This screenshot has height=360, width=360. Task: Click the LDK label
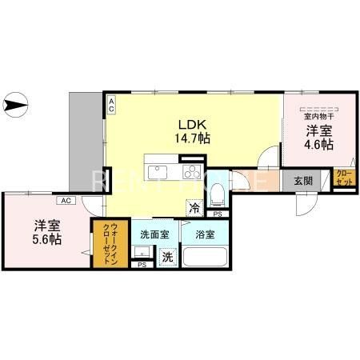pos(192,125)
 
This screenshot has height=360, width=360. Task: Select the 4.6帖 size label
pos(318,146)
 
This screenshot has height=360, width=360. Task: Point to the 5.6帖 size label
pos(46,239)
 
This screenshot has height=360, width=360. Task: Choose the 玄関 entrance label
pos(302,181)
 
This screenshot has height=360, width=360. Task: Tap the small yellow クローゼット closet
pos(343,178)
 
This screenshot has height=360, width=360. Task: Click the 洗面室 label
pos(154,235)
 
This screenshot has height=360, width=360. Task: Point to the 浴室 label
pos(205,235)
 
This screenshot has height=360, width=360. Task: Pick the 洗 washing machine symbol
pos(168,258)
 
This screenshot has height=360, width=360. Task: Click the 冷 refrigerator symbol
pos(195,207)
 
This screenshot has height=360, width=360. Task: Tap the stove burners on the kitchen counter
pos(193,171)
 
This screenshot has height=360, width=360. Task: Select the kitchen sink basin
pos(157,170)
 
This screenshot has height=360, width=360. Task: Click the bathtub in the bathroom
pos(206,258)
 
